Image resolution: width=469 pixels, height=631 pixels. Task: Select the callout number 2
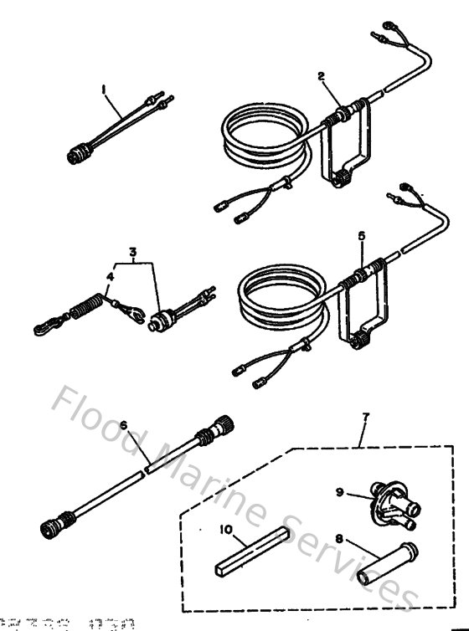click(x=320, y=75)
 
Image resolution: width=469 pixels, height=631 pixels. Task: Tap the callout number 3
click(x=131, y=250)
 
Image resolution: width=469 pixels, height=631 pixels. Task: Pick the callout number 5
click(x=361, y=237)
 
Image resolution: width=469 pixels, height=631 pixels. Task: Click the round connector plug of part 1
click(x=80, y=152)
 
